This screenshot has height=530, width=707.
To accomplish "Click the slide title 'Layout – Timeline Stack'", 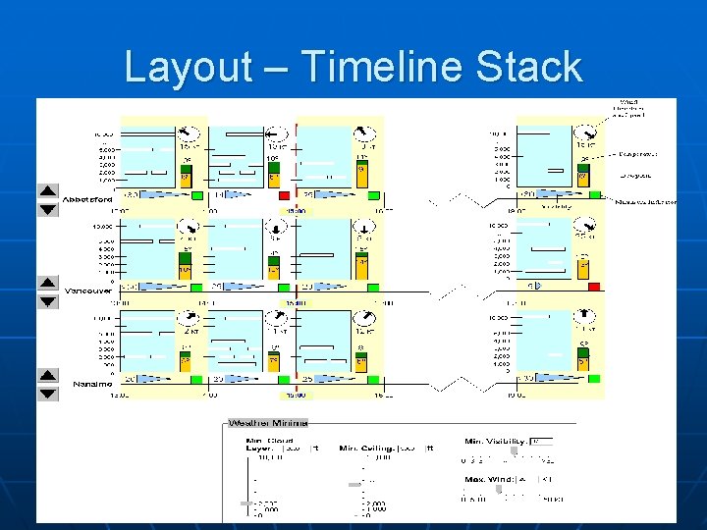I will click(x=353, y=67).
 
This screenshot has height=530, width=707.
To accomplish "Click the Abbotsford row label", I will click(x=87, y=199).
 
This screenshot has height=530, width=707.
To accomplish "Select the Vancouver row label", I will click(x=88, y=291).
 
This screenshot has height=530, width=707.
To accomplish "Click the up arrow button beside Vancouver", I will click(x=48, y=283).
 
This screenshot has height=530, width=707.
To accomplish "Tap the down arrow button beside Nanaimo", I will click(x=48, y=394).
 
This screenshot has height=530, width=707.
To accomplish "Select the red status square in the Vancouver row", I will click(x=593, y=287).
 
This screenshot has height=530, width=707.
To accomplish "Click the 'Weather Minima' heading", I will click(x=268, y=423).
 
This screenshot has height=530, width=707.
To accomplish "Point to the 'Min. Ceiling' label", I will click(x=369, y=449).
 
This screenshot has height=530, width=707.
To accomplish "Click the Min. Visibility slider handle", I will click(x=514, y=451).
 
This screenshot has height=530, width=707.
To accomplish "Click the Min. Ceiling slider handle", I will click(x=355, y=483).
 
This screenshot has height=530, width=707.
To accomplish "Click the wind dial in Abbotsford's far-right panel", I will click(x=586, y=133).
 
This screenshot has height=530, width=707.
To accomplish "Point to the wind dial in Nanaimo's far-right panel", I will click(x=586, y=317).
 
